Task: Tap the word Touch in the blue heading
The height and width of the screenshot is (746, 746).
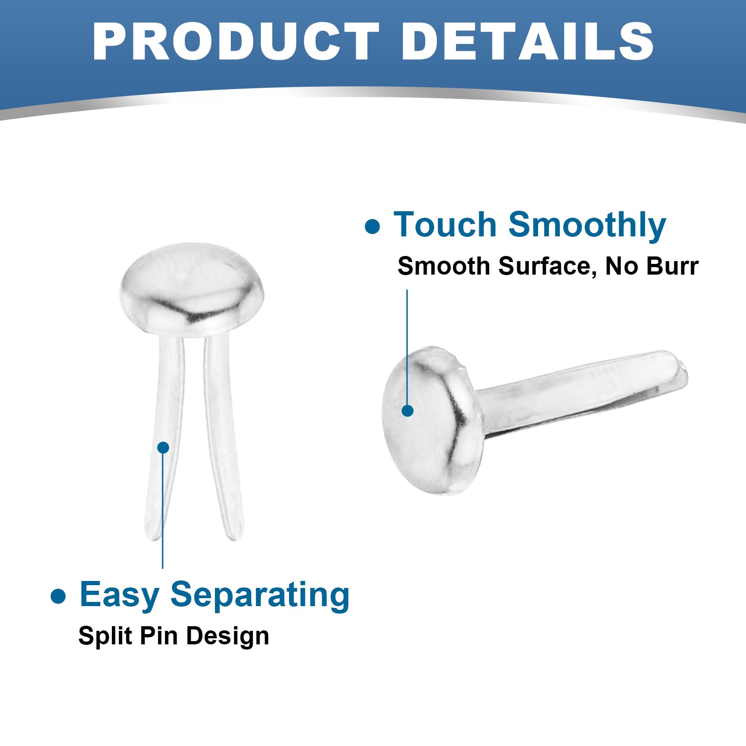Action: tap(445, 225)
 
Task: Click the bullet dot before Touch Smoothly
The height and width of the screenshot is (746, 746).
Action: tap(373, 227)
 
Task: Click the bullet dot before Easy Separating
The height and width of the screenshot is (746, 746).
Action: tap(58, 596)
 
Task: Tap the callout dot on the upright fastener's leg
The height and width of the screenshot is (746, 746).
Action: tap(163, 448)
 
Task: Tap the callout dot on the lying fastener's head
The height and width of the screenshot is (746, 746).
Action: tap(408, 410)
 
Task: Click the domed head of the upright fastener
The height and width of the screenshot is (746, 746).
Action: tap(192, 289)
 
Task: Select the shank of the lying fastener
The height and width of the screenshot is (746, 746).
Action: tap(583, 392)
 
